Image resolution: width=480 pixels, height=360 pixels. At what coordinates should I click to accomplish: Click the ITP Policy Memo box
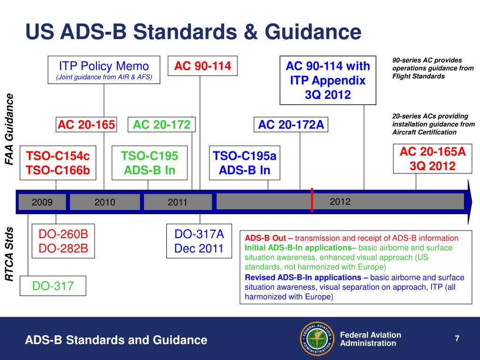click(x=104, y=70)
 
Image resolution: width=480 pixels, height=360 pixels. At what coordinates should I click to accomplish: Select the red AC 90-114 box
click(x=202, y=66)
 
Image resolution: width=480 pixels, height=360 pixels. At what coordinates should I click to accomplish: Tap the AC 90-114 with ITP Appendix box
click(x=328, y=80)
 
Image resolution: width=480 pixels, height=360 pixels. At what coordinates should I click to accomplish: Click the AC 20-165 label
click(x=86, y=125)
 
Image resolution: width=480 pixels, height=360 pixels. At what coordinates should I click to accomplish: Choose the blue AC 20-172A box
click(x=291, y=125)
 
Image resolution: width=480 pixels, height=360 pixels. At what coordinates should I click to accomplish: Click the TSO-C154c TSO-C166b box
click(x=58, y=163)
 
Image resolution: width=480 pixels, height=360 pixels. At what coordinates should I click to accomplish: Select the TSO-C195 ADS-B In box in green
click(x=149, y=163)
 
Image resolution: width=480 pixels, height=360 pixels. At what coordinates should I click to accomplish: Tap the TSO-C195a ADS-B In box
click(x=245, y=163)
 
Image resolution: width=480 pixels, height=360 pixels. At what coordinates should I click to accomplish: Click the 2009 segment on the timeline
click(x=42, y=202)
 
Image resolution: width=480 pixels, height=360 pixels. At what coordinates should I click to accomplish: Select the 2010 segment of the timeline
click(x=105, y=202)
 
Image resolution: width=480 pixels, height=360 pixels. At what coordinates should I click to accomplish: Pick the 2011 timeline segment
click(x=177, y=202)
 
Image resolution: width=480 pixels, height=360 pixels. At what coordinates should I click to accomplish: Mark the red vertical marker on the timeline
click(x=312, y=201)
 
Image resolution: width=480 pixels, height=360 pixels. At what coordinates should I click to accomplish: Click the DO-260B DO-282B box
click(x=63, y=241)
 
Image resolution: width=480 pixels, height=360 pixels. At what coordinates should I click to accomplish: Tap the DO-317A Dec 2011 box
click(x=199, y=241)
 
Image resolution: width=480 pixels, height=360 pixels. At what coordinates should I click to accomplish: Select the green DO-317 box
click(x=52, y=285)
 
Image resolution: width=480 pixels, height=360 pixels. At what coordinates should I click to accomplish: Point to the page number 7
click(x=456, y=338)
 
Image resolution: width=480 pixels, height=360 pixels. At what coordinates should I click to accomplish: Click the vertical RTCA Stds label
click(x=9, y=255)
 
